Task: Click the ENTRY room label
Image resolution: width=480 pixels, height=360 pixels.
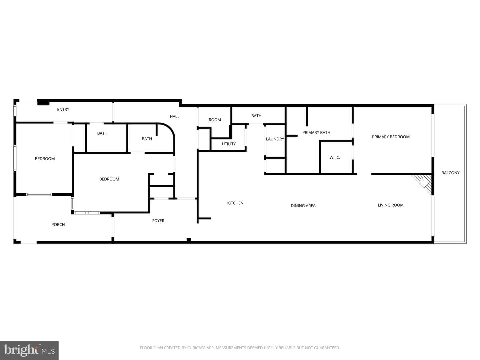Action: point(63,110)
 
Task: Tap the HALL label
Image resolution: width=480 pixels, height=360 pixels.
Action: point(175,117)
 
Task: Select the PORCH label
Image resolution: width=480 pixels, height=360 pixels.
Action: point(58,224)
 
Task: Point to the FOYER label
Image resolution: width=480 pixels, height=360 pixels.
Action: point(158,221)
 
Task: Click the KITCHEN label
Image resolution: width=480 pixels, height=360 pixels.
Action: point(235,203)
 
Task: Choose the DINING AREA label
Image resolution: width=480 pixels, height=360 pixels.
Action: point(303,206)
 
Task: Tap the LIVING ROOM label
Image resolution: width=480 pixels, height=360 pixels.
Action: point(391,205)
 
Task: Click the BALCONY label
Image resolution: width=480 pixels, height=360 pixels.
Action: point(450,173)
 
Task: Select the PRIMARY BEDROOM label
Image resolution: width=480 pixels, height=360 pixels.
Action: point(391,137)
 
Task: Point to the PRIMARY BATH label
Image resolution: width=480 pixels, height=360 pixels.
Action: point(316,132)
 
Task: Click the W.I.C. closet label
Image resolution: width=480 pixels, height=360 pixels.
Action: point(335,158)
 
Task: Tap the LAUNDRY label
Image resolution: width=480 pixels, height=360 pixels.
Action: point(275,139)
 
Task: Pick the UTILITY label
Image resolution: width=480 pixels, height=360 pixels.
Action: point(229,144)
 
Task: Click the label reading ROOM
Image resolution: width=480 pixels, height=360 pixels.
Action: point(215,120)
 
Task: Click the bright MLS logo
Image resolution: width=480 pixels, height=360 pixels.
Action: point(29,350)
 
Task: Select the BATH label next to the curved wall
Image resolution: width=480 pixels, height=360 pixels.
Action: point(147,139)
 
